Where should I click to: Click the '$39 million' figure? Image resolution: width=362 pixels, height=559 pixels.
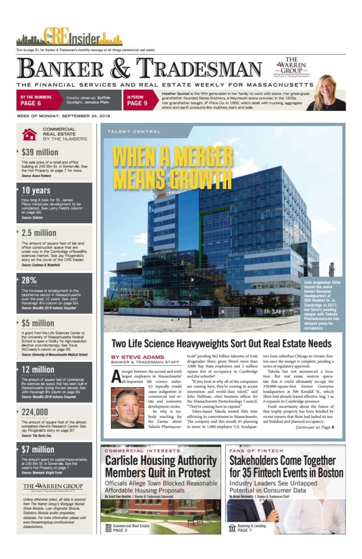[40, 152]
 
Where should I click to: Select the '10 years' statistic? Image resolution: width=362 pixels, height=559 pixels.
[36, 190]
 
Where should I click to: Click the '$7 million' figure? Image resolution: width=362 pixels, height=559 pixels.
[38, 450]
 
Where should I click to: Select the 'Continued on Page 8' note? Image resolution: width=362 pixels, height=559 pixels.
[315, 427]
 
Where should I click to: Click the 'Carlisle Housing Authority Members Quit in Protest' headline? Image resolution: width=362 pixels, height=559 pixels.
[161, 466]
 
